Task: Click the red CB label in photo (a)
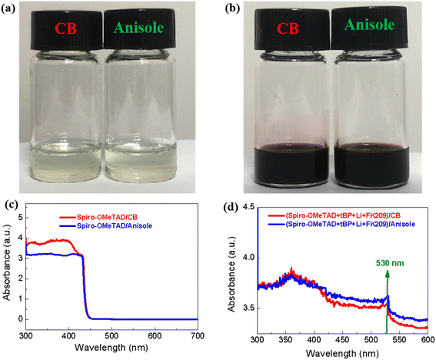(x=68, y=31)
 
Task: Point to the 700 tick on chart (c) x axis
(x=198, y=333)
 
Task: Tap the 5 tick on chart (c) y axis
(x=17, y=218)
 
